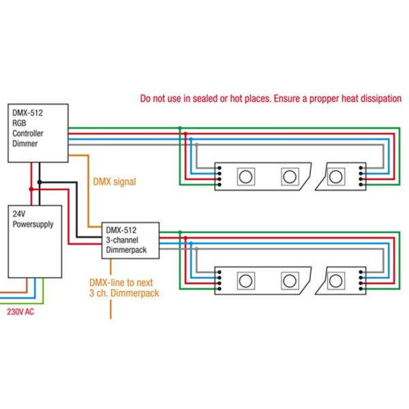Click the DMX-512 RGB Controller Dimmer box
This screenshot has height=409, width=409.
tap(38, 130)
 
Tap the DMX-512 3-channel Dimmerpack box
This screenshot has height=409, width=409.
tap(130, 240)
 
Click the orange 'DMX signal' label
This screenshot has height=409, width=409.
tap(114, 182)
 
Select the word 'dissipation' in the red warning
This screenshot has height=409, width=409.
tap(380, 98)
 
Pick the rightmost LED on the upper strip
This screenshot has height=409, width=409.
tap(336, 177)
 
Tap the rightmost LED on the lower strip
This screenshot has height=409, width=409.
tap(336, 280)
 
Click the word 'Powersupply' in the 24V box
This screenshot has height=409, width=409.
tap(33, 224)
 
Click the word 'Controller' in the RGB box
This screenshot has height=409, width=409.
tap(28, 134)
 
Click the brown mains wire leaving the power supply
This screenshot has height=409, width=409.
tap(14, 291)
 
